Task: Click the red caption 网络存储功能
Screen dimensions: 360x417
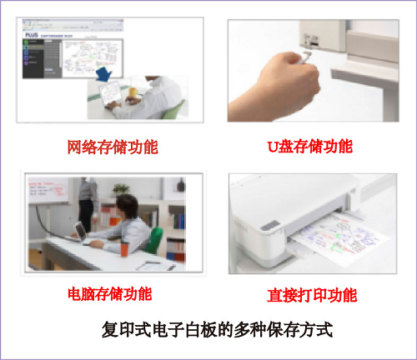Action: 113,147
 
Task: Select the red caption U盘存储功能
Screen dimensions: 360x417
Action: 309,147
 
